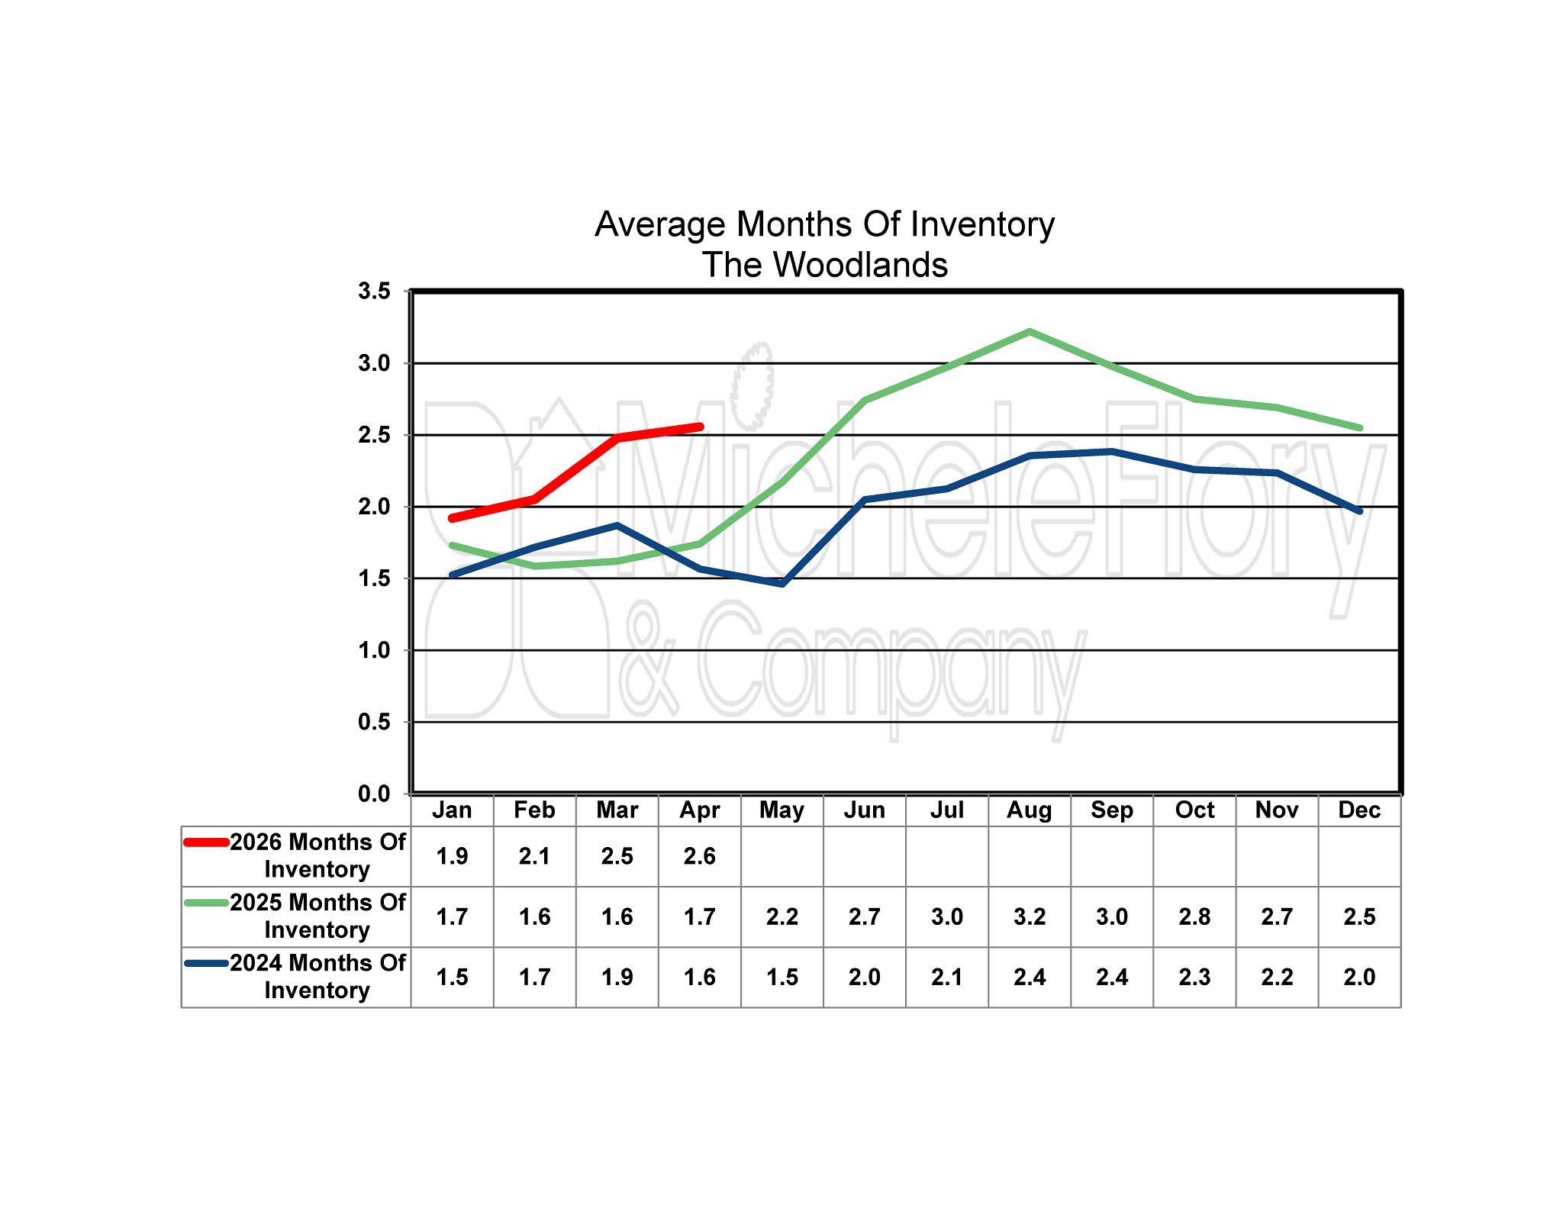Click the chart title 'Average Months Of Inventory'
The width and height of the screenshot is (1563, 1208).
(x=824, y=224)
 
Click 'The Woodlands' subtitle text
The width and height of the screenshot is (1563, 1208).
(x=824, y=265)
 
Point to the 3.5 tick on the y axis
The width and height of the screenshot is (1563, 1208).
(x=374, y=291)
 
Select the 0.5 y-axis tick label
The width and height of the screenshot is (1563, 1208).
(x=374, y=722)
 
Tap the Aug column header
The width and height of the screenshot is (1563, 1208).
(x=1029, y=810)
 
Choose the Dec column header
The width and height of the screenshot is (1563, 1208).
(x=1359, y=810)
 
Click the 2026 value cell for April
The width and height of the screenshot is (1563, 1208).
(x=699, y=856)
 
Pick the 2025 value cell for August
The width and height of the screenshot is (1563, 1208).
(x=1029, y=916)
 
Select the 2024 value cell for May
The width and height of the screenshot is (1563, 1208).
(x=781, y=977)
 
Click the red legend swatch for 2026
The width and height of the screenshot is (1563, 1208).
(x=206, y=842)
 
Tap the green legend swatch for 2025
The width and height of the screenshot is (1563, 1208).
(x=206, y=903)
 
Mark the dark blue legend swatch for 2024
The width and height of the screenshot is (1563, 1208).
(x=206, y=963)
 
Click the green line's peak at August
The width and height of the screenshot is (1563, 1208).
(x=1030, y=332)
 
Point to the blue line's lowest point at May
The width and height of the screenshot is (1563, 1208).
(x=782, y=584)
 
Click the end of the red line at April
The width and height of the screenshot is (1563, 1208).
(x=699, y=427)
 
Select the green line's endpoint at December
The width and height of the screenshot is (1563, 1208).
(x=1359, y=428)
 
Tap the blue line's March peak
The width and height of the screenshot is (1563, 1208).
(x=617, y=525)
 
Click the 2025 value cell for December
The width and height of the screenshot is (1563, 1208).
(x=1359, y=916)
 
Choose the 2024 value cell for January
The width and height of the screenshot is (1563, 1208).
(x=452, y=977)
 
